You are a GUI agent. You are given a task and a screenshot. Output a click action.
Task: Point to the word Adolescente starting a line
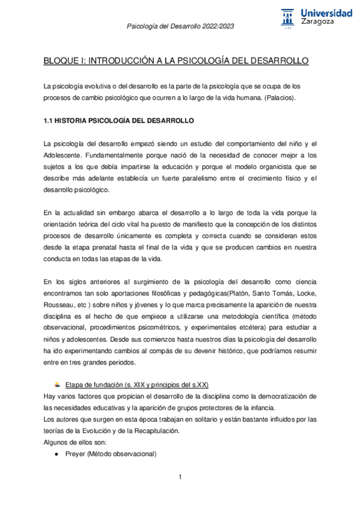click(63, 155)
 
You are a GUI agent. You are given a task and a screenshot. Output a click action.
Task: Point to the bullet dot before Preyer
click(56, 454)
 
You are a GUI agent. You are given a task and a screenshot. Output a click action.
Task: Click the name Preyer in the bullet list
click(77, 454)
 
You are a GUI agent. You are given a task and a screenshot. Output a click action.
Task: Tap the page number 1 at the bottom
click(180, 478)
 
